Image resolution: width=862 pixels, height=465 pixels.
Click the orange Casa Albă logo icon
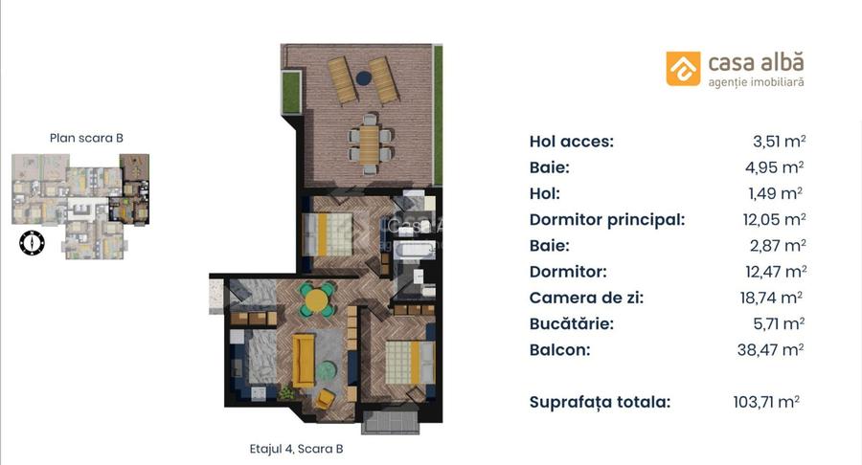(683, 68)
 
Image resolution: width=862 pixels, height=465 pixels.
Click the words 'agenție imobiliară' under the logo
(756, 83)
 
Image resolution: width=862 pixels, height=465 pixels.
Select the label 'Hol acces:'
(571, 142)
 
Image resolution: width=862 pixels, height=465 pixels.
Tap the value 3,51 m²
(779, 142)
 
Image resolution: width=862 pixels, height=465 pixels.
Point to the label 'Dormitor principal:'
(606, 219)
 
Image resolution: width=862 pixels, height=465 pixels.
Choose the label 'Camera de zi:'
(586, 298)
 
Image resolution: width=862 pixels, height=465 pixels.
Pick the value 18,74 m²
(771, 298)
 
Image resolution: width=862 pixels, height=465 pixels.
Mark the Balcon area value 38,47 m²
(773, 349)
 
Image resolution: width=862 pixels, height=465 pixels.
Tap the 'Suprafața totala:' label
(600, 402)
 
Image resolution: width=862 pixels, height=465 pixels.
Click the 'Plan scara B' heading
(86, 138)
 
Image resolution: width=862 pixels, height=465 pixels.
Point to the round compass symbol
(32, 243)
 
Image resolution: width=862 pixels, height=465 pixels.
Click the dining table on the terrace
(370, 144)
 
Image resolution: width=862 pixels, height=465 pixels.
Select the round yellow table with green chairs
(317, 299)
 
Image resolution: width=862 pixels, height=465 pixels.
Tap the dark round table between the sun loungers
(363, 77)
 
